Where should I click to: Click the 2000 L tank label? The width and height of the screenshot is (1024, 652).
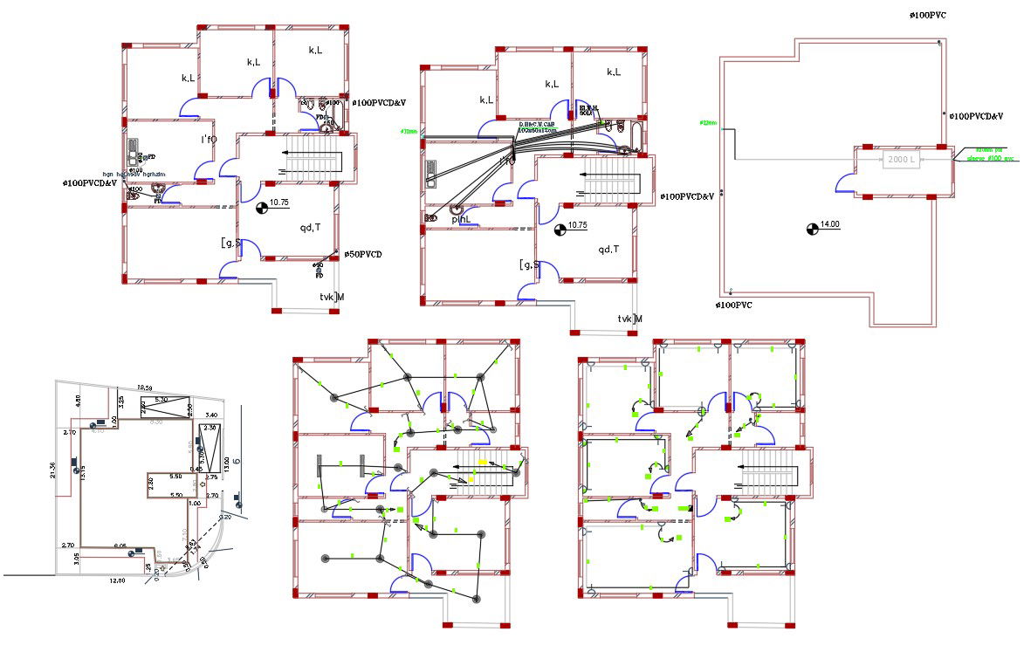[901, 161]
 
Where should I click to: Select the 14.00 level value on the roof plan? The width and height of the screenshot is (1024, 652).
[829, 225]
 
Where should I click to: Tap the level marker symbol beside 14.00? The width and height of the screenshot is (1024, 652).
[812, 229]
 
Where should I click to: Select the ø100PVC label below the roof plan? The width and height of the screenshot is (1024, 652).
[733, 305]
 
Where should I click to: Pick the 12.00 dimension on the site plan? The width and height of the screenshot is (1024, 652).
[117, 580]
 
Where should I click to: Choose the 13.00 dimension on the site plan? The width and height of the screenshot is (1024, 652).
[226, 463]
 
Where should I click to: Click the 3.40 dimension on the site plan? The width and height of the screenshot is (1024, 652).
[211, 415]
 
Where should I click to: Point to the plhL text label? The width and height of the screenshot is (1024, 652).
[462, 219]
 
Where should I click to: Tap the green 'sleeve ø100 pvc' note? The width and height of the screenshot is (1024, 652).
[990, 158]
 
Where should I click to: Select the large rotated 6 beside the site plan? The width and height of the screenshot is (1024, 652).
[236, 462]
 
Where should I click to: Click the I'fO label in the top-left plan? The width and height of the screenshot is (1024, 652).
[209, 140]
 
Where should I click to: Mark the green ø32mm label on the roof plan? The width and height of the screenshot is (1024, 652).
[708, 123]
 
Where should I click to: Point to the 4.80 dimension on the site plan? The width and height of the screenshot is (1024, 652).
[78, 399]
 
